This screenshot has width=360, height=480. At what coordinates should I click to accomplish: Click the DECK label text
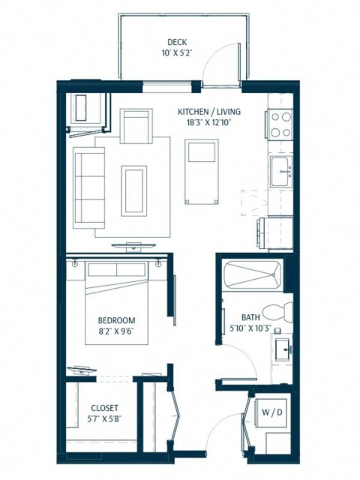pos(177,43)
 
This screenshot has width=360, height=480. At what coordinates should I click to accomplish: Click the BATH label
pos(251,316)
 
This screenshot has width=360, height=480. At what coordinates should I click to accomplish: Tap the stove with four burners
pos(280,124)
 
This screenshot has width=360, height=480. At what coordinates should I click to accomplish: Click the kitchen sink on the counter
pos(282,170)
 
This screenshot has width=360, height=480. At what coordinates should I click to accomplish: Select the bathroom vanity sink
pos(283,349)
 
